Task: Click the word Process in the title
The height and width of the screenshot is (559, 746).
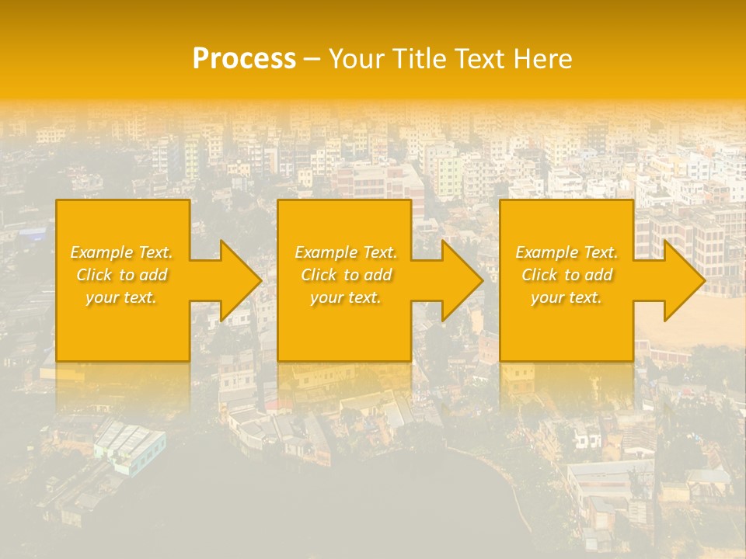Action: (x=244, y=59)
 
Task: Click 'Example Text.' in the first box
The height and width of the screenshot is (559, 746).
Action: (x=121, y=252)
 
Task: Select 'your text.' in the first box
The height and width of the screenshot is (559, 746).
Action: (x=121, y=297)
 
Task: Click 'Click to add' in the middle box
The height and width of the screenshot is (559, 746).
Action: (x=346, y=275)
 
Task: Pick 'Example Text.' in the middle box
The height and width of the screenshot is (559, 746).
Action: (x=346, y=252)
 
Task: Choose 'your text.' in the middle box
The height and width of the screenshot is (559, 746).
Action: (x=346, y=297)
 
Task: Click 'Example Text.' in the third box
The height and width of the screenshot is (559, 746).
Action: (x=566, y=252)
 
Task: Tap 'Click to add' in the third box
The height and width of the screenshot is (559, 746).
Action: (x=566, y=275)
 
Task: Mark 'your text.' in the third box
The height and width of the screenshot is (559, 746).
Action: (x=566, y=297)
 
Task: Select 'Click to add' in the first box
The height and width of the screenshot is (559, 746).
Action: (x=121, y=275)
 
